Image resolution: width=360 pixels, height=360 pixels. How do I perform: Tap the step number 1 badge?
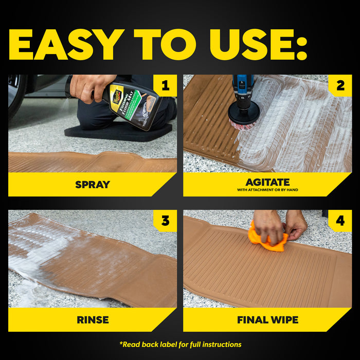pos(165,86)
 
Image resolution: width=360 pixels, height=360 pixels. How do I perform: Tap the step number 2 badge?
pos(340,86)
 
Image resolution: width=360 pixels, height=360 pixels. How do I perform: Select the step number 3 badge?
pos(165,221)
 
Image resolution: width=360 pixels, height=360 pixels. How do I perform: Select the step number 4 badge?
pos(340,221)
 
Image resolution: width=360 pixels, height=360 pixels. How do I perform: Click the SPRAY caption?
pos(93,184)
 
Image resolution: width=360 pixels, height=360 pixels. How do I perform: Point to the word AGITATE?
pos(267,182)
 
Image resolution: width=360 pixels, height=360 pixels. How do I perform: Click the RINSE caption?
pos(93,319)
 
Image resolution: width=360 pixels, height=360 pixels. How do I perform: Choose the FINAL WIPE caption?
pos(267,319)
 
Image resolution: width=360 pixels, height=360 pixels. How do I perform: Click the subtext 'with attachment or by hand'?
pos(267,190)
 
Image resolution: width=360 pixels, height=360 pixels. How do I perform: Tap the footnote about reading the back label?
pos(180,344)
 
